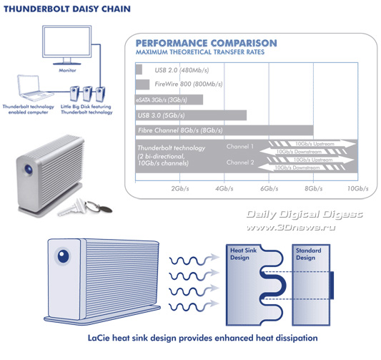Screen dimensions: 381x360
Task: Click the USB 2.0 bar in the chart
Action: point(139,69)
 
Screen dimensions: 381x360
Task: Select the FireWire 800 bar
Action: point(142,84)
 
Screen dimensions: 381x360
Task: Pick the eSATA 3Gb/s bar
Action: point(169,99)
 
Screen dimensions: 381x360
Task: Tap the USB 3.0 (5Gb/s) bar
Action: point(191,115)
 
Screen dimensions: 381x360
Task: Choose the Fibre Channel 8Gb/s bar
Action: point(224,130)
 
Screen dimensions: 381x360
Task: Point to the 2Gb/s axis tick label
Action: point(180,188)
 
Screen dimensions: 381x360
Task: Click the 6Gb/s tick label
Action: point(269,188)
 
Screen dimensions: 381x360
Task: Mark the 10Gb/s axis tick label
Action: point(357,188)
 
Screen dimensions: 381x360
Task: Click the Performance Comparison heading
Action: point(207,43)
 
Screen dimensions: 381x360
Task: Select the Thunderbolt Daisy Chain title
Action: point(67,9)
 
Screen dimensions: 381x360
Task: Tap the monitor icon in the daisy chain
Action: point(67,45)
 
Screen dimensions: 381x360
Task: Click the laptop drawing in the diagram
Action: point(34,88)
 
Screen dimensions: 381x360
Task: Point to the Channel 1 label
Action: point(240,147)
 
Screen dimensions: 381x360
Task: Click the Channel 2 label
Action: point(240,162)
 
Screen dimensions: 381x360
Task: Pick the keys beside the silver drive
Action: point(84,207)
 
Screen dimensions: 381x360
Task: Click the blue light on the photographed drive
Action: point(29,169)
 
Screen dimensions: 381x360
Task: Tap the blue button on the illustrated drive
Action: point(63,256)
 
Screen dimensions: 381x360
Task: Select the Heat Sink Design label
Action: point(243,254)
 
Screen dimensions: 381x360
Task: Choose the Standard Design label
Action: point(308,254)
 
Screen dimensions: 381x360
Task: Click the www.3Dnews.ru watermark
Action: point(291,228)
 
